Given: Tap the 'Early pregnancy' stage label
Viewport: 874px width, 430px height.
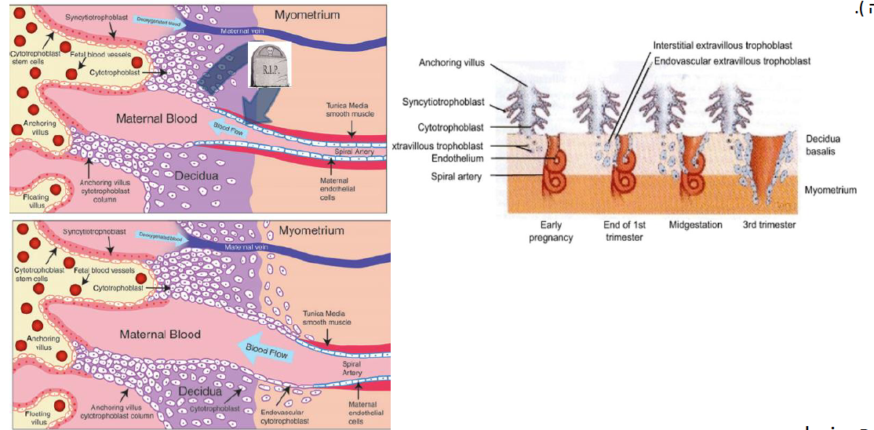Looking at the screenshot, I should tap(551, 231).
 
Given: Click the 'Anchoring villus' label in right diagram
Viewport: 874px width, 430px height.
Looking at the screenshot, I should tap(452, 63).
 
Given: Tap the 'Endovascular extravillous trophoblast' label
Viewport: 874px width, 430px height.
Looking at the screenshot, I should tap(731, 60).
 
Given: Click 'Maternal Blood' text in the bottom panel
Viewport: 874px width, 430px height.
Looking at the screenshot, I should tap(160, 334).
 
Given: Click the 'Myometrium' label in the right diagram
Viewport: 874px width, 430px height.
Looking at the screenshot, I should tap(830, 190).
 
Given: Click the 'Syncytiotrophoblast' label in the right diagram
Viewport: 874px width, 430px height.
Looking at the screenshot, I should tap(443, 102).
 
